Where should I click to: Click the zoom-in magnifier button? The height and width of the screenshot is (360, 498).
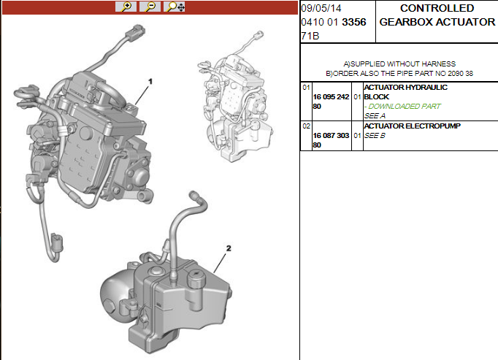[126, 7]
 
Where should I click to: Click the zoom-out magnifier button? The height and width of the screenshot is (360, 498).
[150, 7]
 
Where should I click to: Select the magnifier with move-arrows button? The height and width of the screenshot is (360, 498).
[175, 7]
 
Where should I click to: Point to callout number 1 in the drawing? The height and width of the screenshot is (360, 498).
[150, 82]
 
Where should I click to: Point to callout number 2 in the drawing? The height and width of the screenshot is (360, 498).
[229, 248]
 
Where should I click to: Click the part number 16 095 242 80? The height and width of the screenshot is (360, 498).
[331, 102]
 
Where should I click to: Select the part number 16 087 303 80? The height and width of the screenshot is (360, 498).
[331, 140]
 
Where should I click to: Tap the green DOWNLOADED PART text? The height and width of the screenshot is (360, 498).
[402, 107]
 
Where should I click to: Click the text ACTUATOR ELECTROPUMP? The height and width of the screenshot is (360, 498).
[413, 126]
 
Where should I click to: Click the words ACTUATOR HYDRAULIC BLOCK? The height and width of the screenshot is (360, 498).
[405, 92]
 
